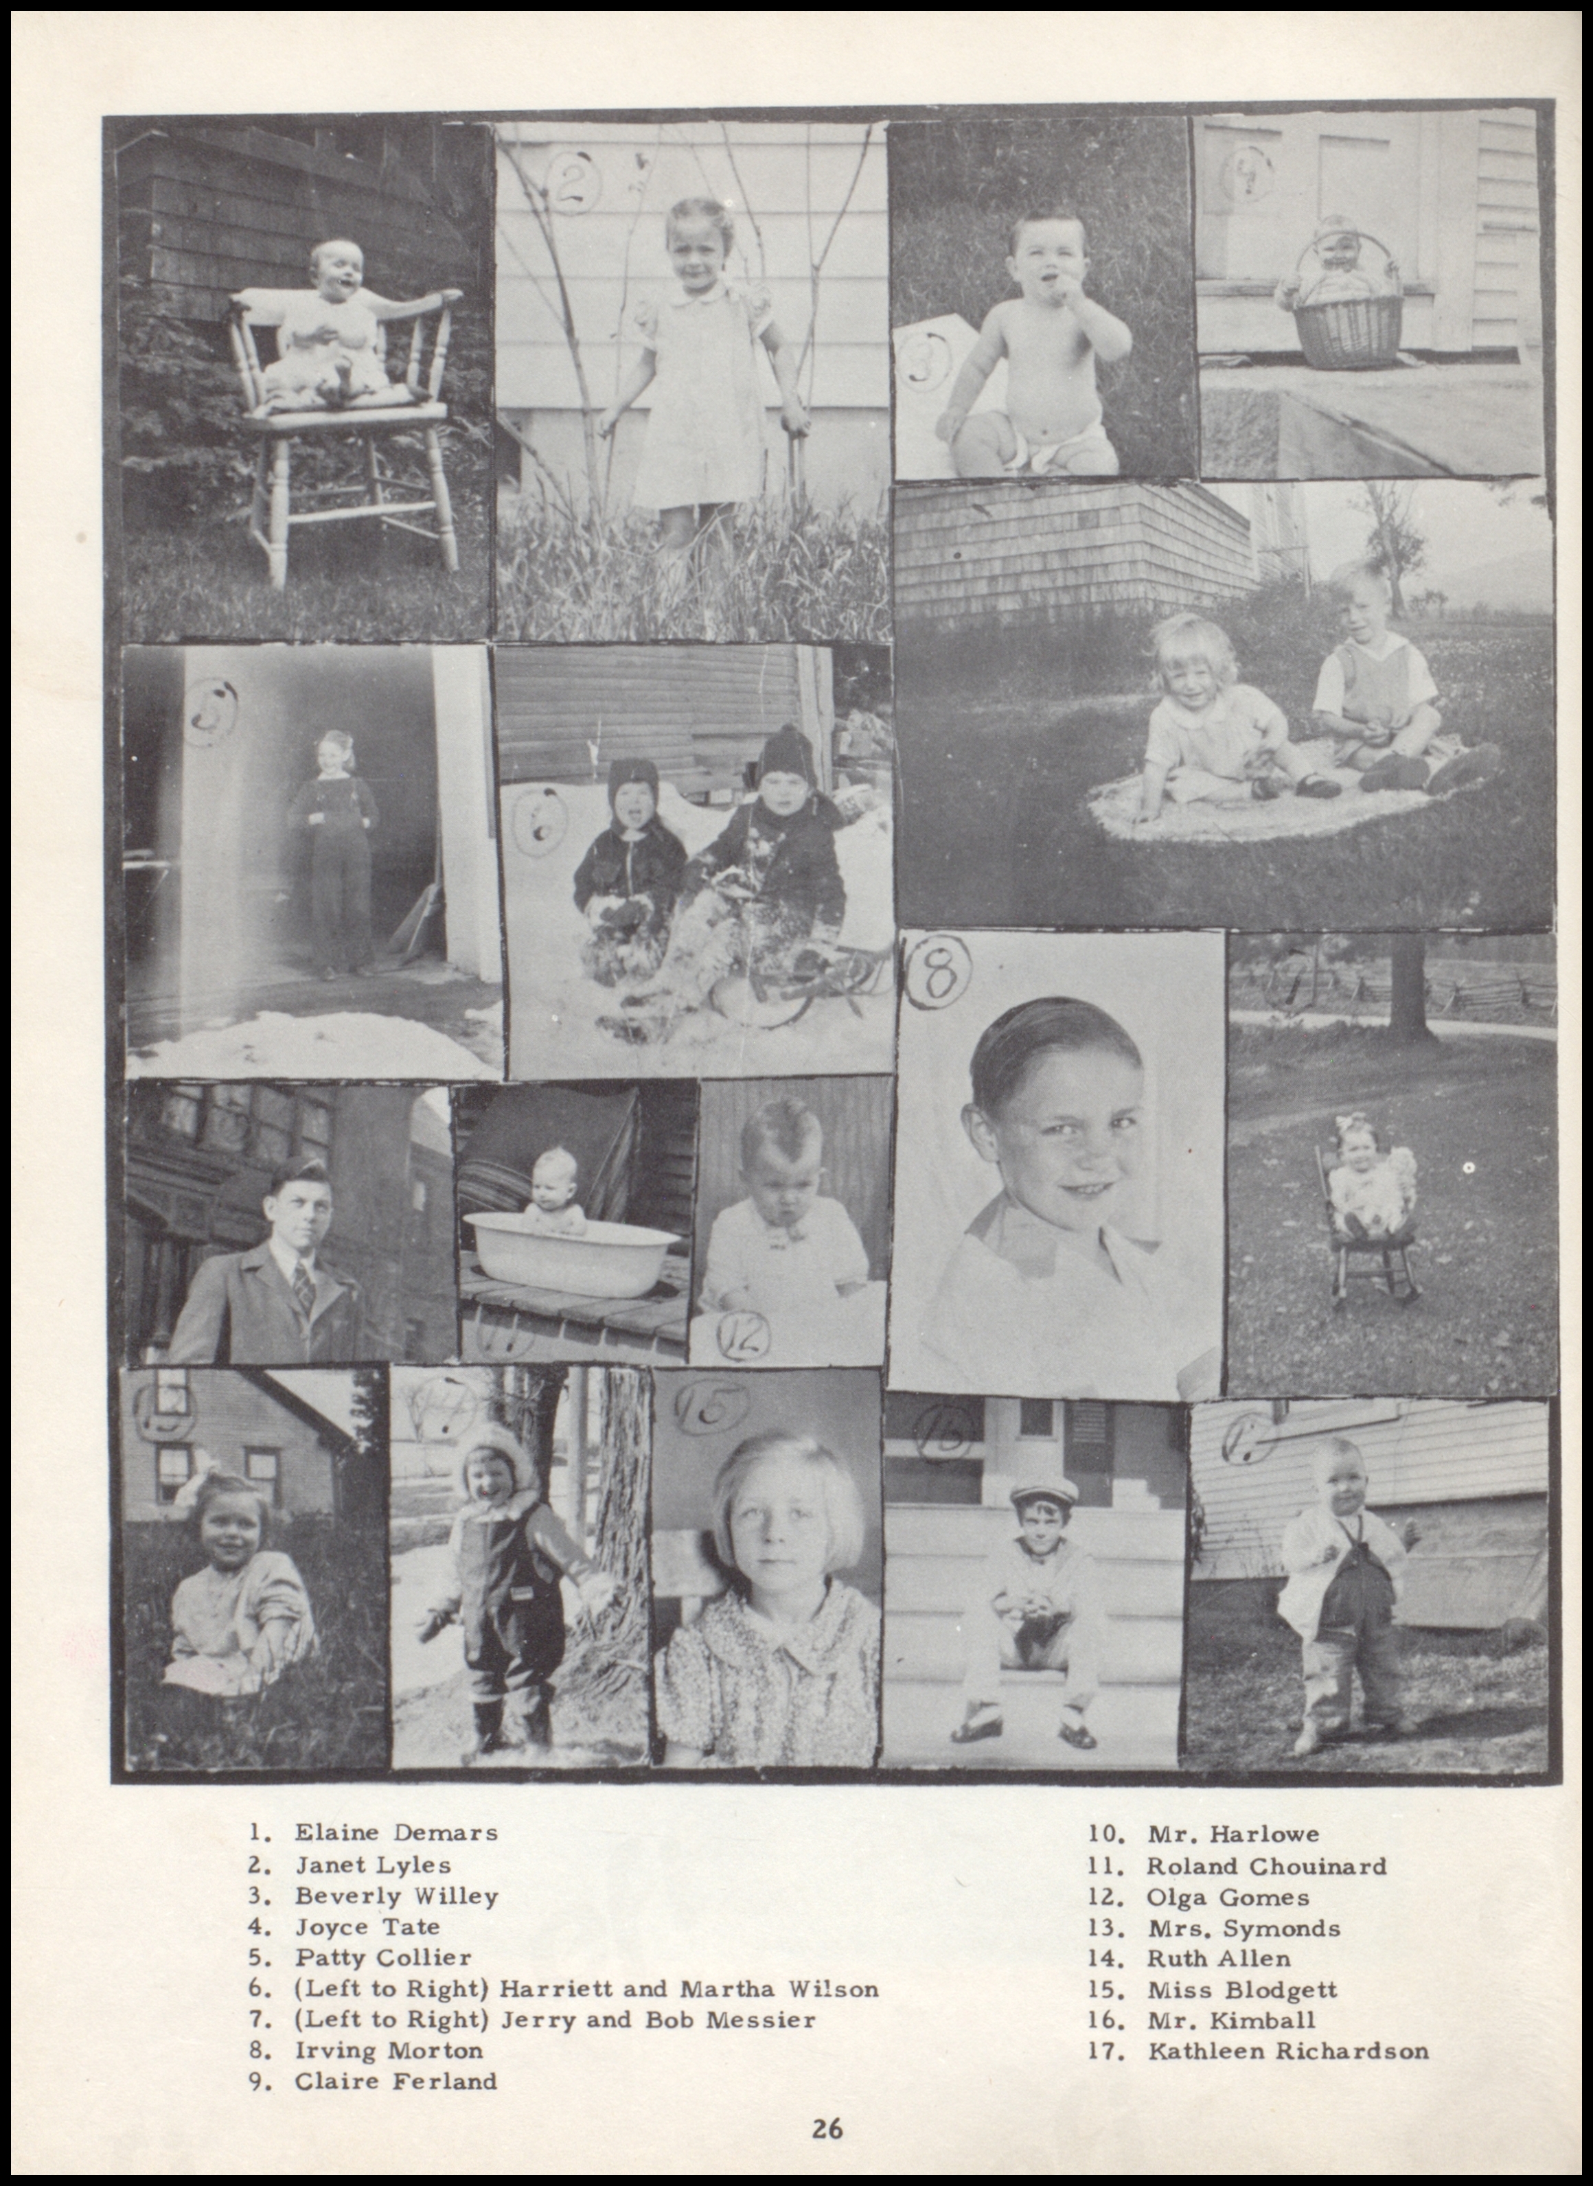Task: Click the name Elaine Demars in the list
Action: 396,1832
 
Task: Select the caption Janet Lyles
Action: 372,1864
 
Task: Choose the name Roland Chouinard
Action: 1266,1865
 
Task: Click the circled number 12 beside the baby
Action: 742,1335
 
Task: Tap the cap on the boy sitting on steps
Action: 1044,1494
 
